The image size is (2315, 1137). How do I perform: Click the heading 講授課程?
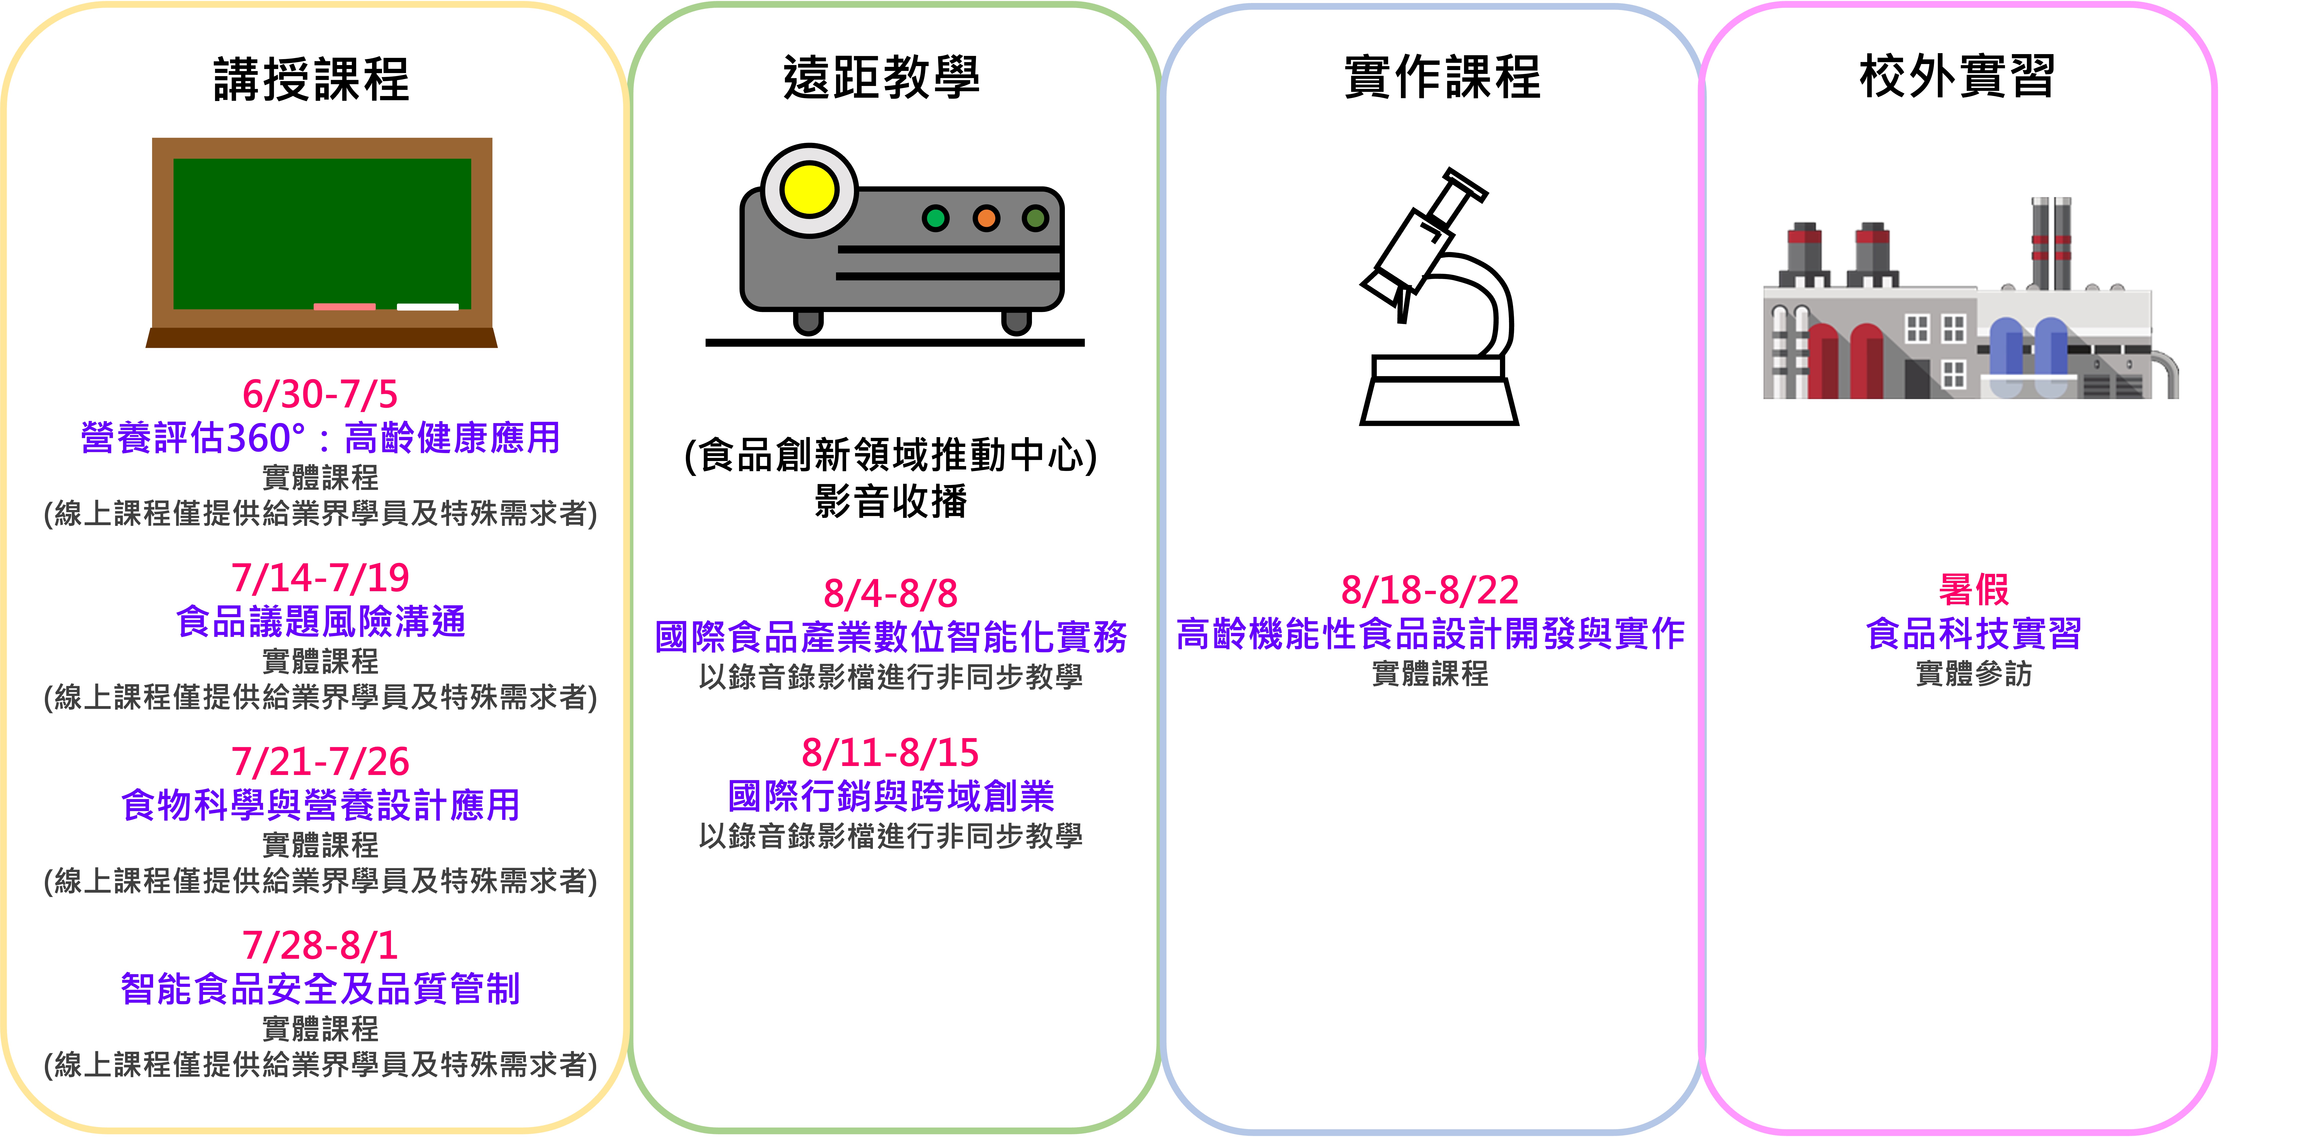click(311, 79)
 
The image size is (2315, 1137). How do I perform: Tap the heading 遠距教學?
click(882, 76)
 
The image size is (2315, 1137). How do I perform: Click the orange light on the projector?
click(986, 217)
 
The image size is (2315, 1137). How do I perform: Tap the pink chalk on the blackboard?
click(344, 306)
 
